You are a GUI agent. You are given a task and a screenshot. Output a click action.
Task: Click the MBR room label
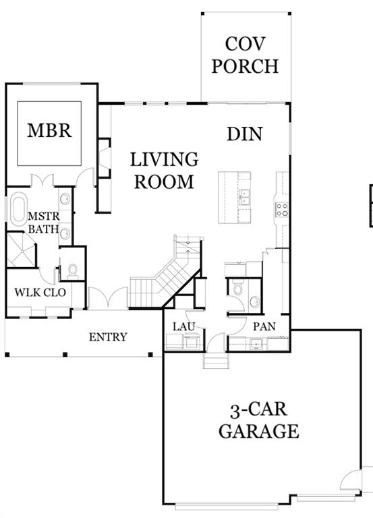coord(49,129)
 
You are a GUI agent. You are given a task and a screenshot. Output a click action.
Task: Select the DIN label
coord(244,134)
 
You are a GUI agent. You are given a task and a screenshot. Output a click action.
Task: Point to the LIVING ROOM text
coord(164,171)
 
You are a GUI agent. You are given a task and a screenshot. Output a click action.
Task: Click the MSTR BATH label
coord(43,222)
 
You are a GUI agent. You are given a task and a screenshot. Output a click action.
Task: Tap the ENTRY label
coord(108,337)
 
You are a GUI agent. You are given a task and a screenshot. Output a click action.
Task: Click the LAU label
coord(183,326)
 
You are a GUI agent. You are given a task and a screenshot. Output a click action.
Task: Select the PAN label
coord(262,326)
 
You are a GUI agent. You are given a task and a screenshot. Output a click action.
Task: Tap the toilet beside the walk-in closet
coord(73,270)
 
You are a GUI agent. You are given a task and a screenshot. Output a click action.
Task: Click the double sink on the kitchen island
coord(244,197)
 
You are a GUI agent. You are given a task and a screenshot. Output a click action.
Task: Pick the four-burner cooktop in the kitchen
coord(281,208)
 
